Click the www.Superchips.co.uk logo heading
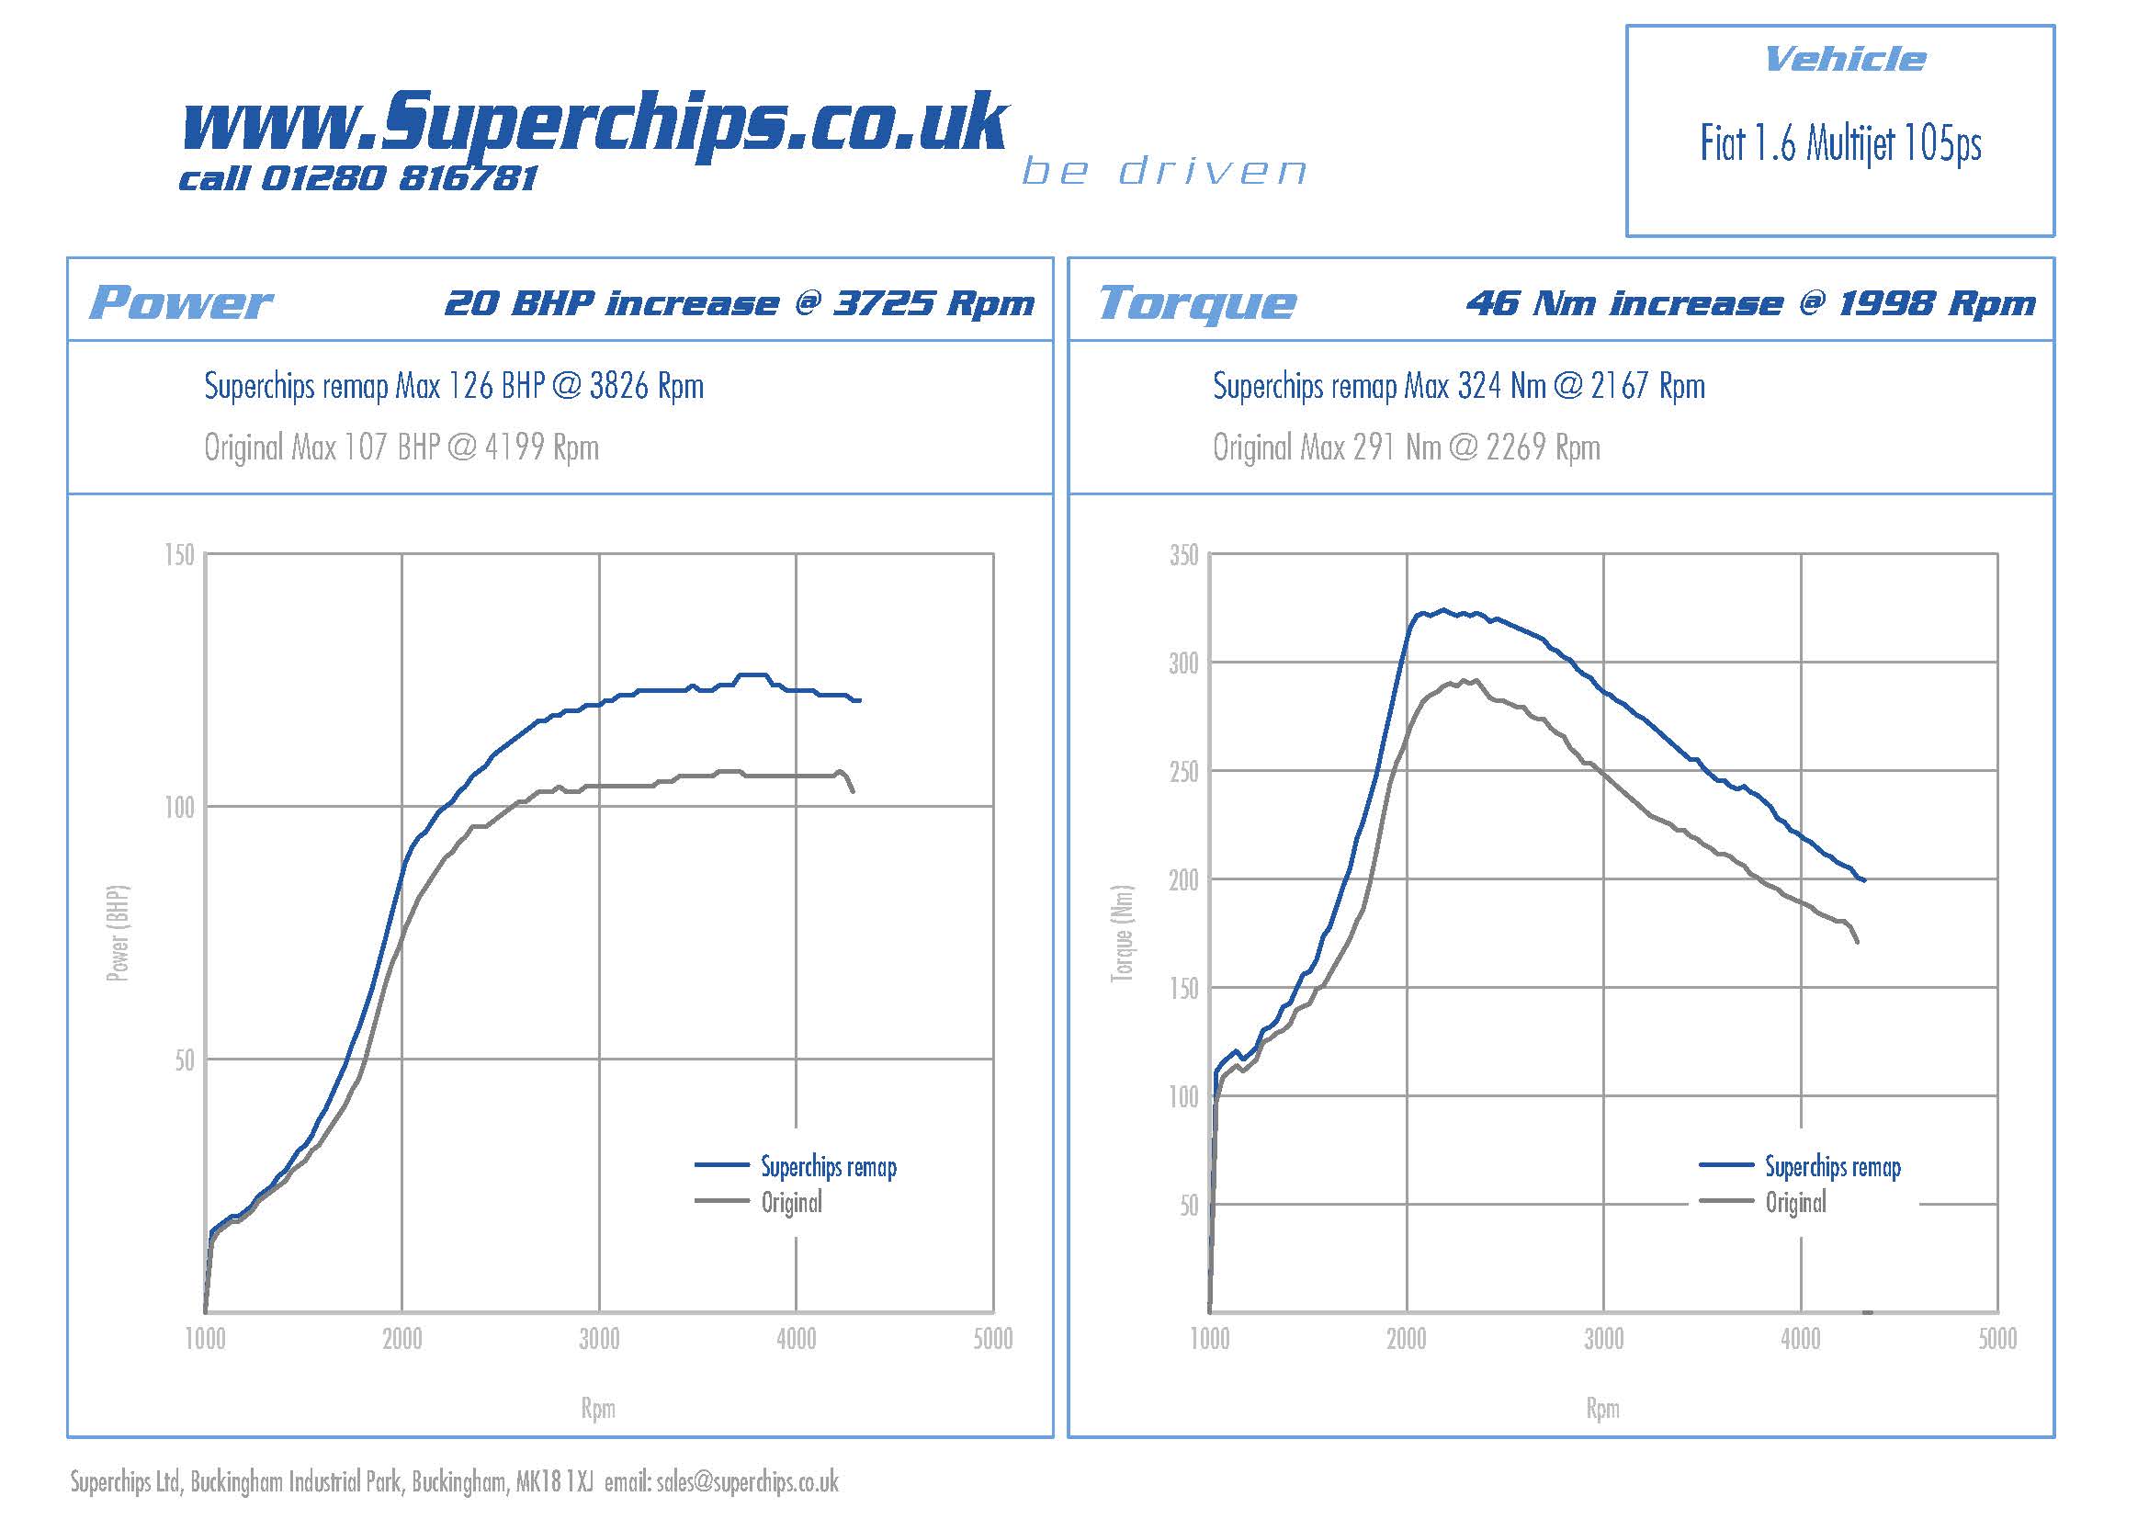point(594,123)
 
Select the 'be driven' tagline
point(1163,171)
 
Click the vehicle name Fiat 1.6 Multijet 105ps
point(1840,145)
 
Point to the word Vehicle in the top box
point(1845,60)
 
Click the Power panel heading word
point(181,302)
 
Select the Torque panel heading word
point(1197,302)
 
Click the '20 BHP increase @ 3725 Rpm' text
point(740,303)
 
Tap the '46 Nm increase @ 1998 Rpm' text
point(1750,303)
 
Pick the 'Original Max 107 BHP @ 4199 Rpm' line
point(402,448)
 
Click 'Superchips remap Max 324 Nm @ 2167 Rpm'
point(1458,387)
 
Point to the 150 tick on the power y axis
point(179,555)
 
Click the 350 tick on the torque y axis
point(1183,556)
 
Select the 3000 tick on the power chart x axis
point(599,1339)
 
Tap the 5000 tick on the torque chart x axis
point(1996,1339)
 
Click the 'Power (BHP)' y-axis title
point(118,933)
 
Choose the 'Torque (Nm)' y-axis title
point(1122,933)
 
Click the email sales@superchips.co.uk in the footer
point(747,1481)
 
